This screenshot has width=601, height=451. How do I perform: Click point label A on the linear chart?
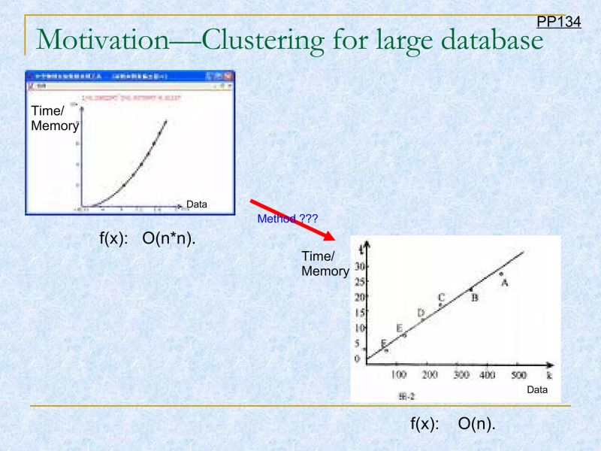click(x=506, y=283)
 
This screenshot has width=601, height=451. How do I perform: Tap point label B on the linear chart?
click(x=475, y=297)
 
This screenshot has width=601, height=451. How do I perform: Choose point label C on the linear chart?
click(x=442, y=298)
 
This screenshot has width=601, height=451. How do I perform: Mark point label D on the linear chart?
click(x=421, y=313)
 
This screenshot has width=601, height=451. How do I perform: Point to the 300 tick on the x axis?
click(x=460, y=374)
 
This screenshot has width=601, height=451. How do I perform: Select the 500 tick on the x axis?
click(x=518, y=374)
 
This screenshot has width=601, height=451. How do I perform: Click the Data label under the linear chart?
click(x=537, y=390)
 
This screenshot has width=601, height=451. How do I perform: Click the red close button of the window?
click(x=229, y=76)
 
